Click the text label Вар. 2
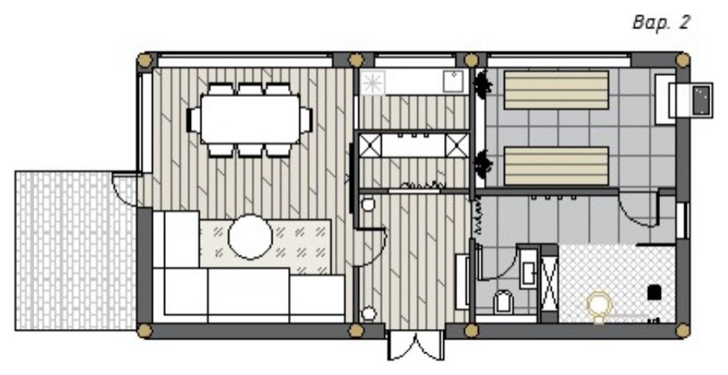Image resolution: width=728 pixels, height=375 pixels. point(661,23)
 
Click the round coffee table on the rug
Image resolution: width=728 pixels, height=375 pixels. point(250,236)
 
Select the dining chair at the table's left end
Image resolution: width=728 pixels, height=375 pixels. point(193,120)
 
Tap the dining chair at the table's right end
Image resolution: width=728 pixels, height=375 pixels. point(306,120)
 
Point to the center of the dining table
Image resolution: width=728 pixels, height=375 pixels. point(250,120)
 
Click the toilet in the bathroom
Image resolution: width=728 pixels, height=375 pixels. point(502,301)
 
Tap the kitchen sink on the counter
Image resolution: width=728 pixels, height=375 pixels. point(453,82)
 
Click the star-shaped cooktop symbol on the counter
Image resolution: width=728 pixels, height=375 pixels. point(373,83)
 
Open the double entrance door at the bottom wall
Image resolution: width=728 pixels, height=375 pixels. point(417,345)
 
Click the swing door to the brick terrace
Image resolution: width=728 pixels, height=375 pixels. point(124,189)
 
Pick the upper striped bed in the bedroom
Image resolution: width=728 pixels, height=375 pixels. point(556,90)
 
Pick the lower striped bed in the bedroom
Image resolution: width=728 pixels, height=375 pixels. point(556,166)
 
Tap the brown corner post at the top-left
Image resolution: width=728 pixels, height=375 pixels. point(145,61)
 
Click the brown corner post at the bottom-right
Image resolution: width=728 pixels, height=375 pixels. point(682,331)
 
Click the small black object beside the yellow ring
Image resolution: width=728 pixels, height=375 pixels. point(654,293)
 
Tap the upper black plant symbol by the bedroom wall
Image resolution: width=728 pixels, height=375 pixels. point(483,85)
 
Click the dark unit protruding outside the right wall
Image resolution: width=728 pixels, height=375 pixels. point(702,100)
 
